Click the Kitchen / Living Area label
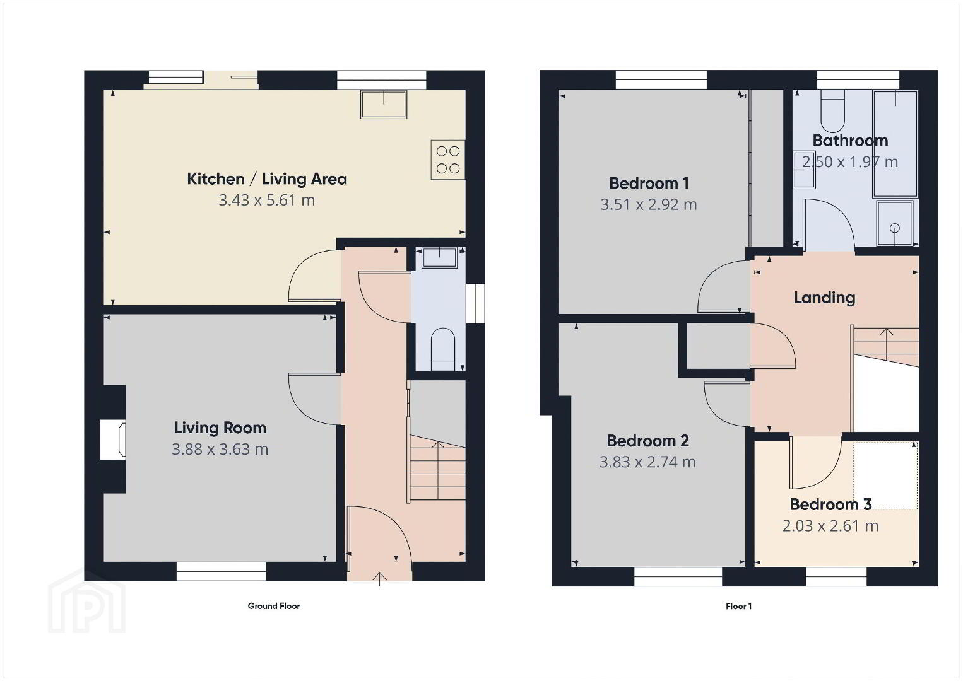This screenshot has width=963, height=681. pos(266,178)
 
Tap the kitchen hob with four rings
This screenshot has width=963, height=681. pos(448,160)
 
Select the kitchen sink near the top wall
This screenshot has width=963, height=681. pos(384,105)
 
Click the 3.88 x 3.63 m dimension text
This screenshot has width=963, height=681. pos(220,449)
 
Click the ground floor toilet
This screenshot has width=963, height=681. pos(443,349)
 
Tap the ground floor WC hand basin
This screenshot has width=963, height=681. pos(439,258)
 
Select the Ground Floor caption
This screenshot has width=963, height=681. pos(274,606)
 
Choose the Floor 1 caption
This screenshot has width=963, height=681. pos(738,606)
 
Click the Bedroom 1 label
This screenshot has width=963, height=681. pos(649,183)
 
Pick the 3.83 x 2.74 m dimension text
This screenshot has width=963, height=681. pos(647,462)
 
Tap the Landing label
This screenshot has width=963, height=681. pos(824,298)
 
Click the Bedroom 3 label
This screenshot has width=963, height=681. pos(830,504)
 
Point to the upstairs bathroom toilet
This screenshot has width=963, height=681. pos(833,110)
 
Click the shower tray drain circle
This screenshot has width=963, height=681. pos(895,228)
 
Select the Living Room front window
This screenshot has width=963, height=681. pos(222,571)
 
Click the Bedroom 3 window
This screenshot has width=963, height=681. pos(836,576)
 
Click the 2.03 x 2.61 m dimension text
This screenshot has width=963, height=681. pos(830,526)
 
